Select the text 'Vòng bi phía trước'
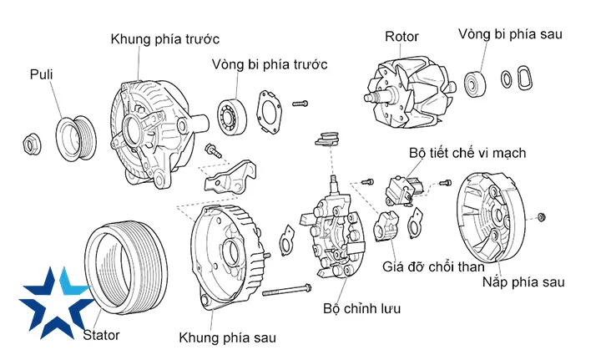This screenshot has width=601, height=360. [x=269, y=64]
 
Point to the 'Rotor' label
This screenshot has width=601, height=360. [x=402, y=37]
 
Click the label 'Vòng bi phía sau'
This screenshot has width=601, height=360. [x=511, y=34]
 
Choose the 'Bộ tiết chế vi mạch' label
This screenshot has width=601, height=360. [x=467, y=154]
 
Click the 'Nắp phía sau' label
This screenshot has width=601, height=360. [x=523, y=282]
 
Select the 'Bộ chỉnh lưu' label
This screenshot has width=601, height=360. [x=362, y=308]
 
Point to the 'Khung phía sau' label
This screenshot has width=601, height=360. [x=227, y=337]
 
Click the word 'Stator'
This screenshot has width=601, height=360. [x=101, y=335]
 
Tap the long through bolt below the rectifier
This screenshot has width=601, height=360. [x=289, y=292]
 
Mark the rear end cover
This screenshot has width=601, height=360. [x=492, y=217]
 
